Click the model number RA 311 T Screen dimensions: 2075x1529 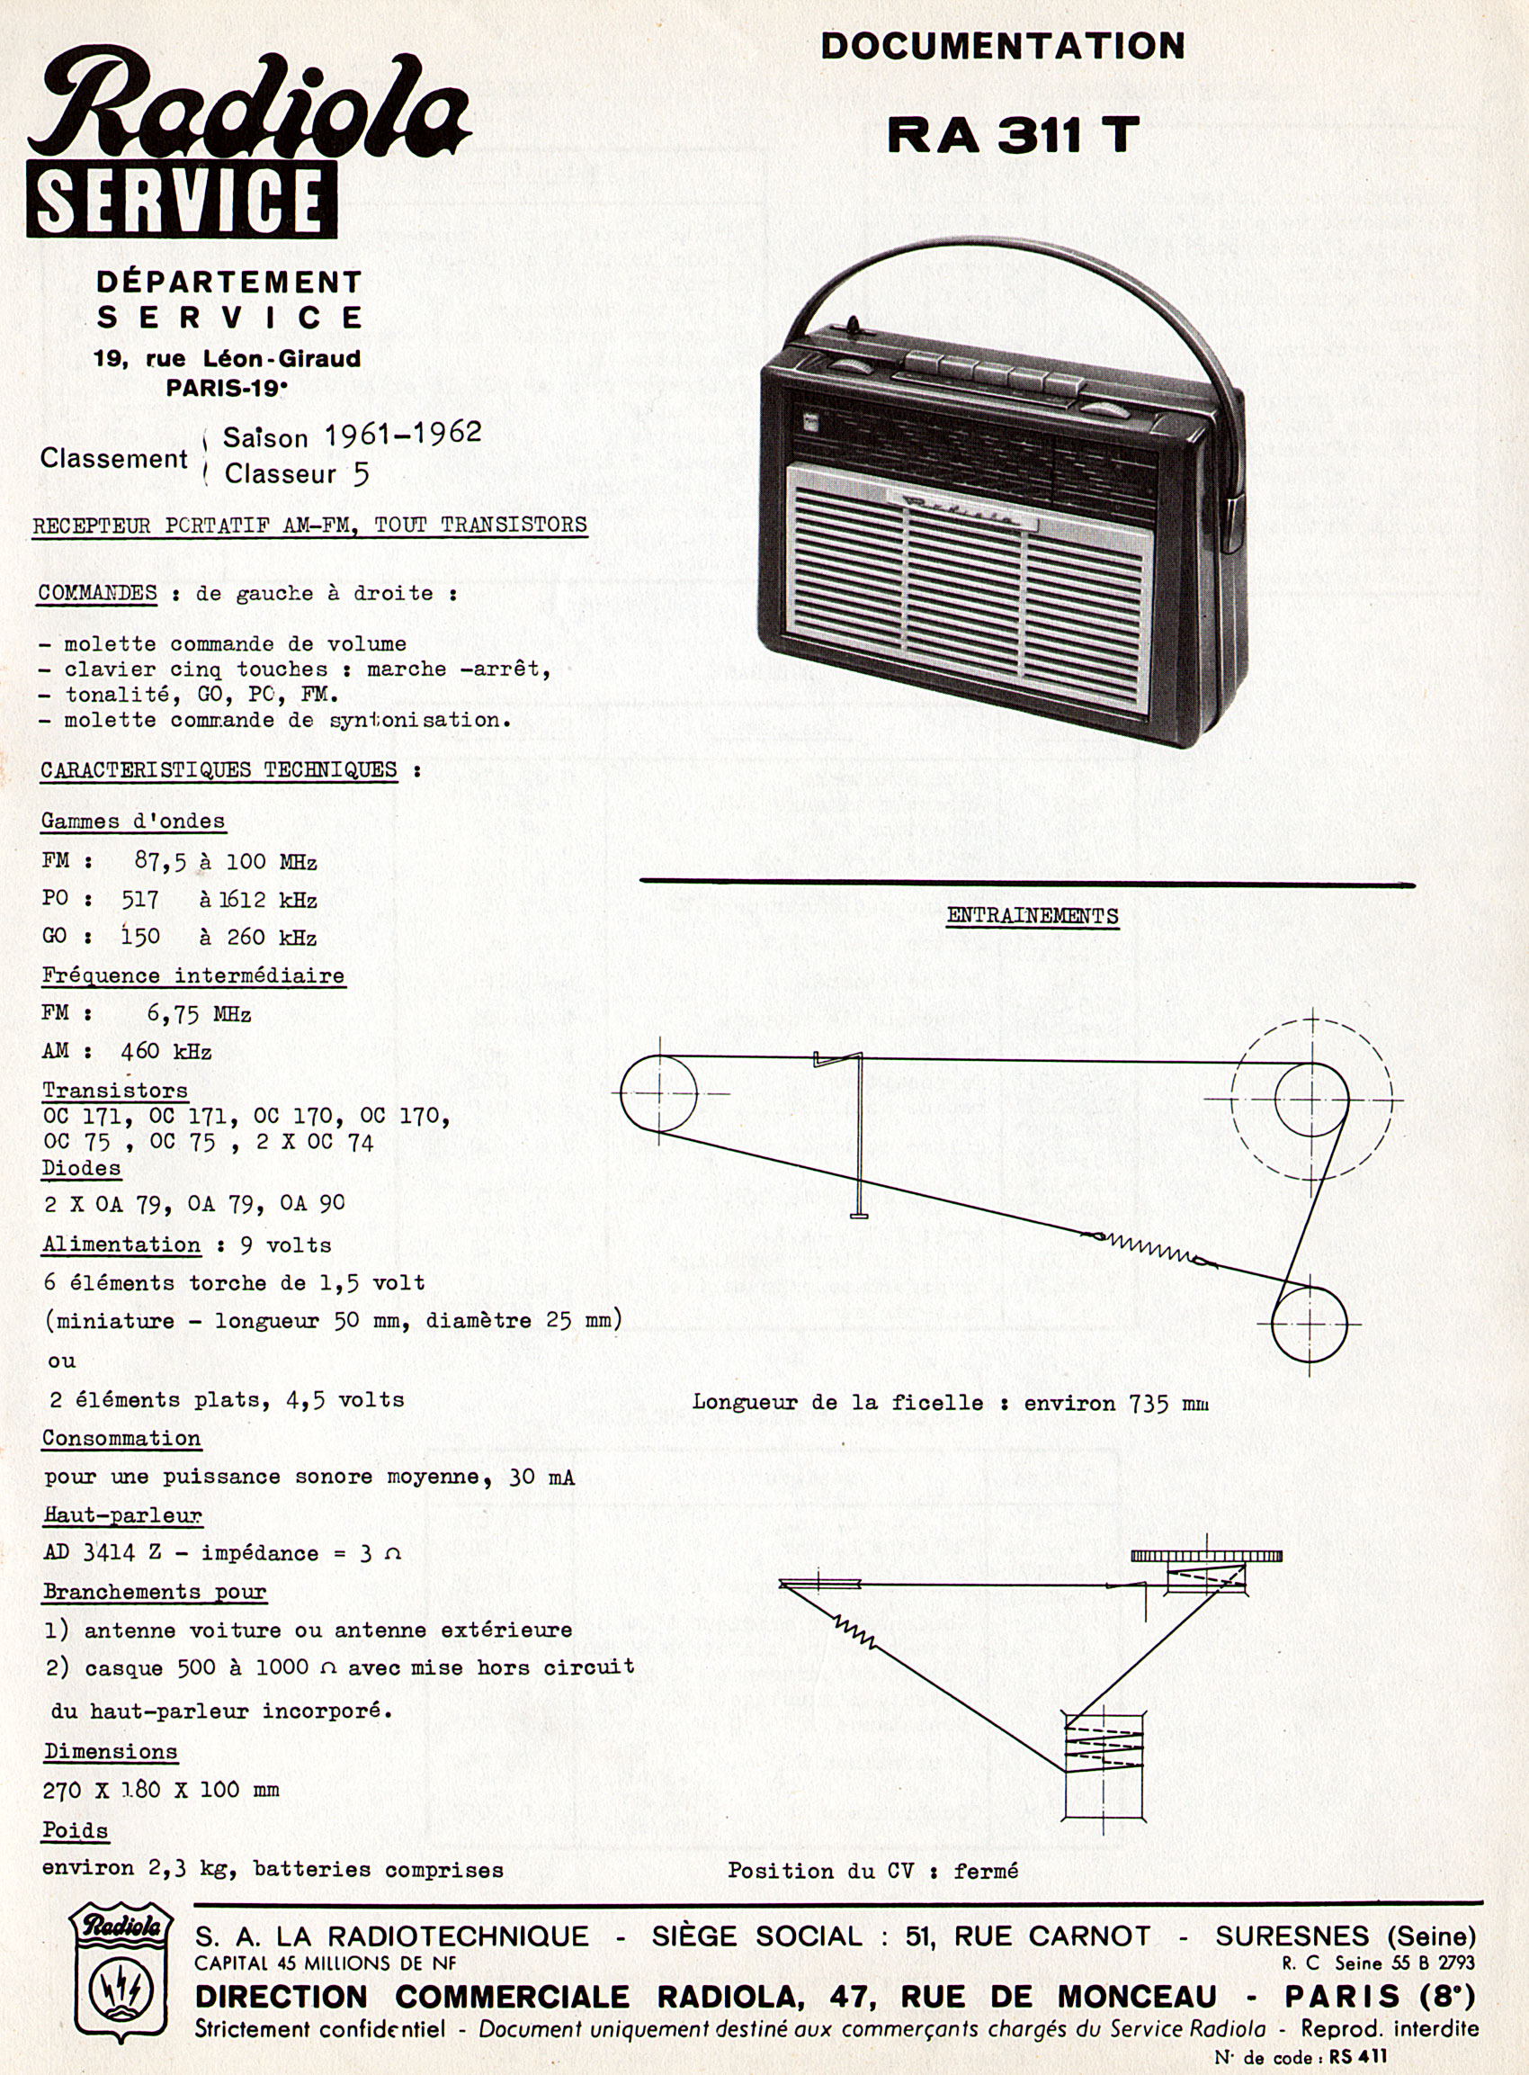(x=1012, y=135)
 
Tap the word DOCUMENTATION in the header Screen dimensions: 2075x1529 (x=1002, y=46)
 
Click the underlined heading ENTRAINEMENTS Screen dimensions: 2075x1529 (x=1032, y=916)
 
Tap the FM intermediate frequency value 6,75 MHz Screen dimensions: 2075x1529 (x=198, y=1014)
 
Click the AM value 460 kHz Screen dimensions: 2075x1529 (x=165, y=1052)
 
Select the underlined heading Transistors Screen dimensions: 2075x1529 (x=115, y=1090)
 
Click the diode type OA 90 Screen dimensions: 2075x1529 (x=312, y=1203)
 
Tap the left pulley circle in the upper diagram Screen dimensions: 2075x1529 (x=658, y=1093)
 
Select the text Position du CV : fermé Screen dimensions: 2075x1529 (x=872, y=1871)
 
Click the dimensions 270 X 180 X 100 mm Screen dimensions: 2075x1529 (x=161, y=1790)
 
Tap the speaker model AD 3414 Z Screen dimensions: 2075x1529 (x=102, y=1553)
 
